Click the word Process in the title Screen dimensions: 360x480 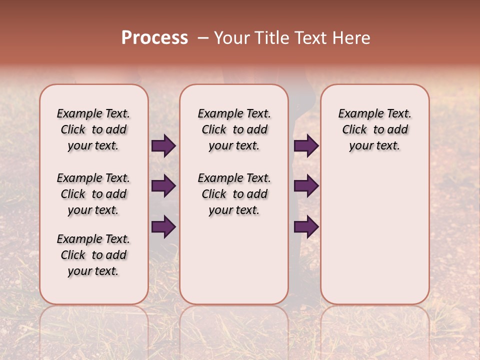pos(154,37)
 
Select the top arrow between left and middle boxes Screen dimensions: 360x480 pos(163,145)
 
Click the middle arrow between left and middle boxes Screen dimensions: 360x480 pos(163,186)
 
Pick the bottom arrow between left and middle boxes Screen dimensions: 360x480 pos(163,227)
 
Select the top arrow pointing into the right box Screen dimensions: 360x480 pos(306,145)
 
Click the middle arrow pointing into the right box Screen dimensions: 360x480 pos(306,186)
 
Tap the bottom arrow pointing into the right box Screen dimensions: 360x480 pos(306,227)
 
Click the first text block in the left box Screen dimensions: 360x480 pos(93,129)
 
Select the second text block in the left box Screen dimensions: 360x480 pos(93,194)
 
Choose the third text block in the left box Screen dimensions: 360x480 pos(93,255)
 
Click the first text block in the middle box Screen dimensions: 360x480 pos(234,129)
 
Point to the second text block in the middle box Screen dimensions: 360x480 pos(234,194)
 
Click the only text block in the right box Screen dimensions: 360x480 pos(374,129)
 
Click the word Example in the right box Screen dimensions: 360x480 pos(358,114)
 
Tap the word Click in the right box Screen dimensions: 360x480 pos(354,130)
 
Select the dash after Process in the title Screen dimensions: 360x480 pos(202,37)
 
